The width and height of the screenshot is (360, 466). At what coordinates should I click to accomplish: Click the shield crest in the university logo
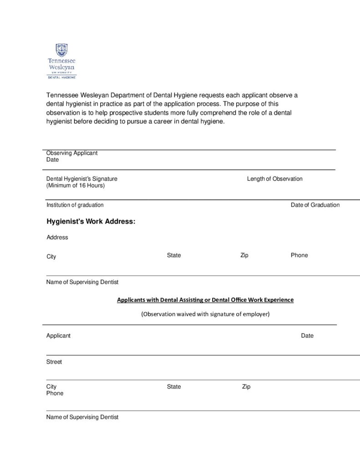coord(62,50)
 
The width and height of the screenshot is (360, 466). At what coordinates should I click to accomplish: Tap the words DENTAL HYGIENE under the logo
coord(62,77)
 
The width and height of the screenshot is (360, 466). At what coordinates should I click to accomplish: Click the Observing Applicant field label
coord(72,153)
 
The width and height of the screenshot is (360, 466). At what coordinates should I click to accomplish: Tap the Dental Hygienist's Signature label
coord(82,179)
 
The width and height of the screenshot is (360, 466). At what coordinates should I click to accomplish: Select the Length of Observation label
coord(274,179)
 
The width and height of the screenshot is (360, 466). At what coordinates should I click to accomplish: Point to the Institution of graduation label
coord(75,205)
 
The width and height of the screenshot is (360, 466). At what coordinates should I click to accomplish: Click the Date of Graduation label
coord(315,205)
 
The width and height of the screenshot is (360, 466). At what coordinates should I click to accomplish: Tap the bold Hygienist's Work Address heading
coord(91,222)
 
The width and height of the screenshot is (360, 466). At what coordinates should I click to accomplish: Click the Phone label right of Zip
coord(299,255)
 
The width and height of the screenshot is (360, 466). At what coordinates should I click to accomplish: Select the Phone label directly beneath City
coord(55,393)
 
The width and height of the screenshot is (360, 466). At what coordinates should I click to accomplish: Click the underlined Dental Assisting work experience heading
coord(205,300)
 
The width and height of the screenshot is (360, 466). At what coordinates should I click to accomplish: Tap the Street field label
coord(54,362)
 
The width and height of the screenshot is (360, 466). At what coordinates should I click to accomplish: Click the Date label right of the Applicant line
coord(307,336)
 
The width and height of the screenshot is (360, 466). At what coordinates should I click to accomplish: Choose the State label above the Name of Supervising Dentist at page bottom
coord(174,387)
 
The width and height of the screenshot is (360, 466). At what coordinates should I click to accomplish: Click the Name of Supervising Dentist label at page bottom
coord(82,417)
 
